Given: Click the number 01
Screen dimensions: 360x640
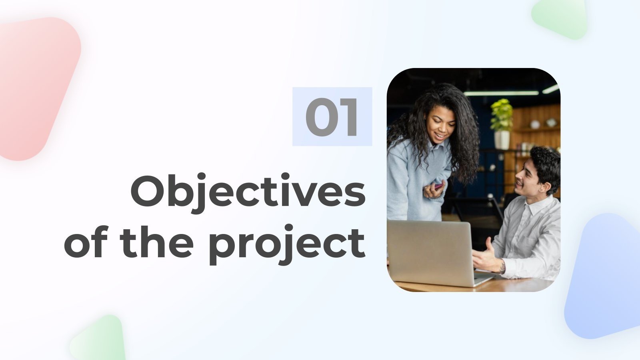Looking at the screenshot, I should coord(332,117).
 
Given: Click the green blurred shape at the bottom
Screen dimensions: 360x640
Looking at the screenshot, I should coord(98,340).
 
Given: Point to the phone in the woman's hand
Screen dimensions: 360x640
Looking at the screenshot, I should coord(439,186).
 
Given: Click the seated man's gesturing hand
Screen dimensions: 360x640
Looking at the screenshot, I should coord(486,258).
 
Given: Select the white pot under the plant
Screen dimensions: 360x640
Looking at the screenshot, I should coord(502,140).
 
